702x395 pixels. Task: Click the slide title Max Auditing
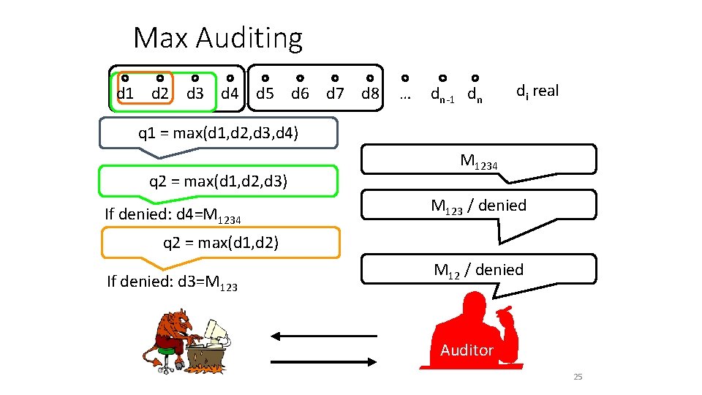point(217,38)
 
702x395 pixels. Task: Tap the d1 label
point(125,94)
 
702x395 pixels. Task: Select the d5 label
point(265,94)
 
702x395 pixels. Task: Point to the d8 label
point(370,94)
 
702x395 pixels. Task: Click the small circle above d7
point(335,78)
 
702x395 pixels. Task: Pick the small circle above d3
point(195,78)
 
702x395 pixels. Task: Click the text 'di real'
point(537,91)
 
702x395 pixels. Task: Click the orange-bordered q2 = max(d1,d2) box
point(220,242)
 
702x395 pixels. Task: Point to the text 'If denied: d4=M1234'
point(173,216)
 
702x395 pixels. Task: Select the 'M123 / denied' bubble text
point(478,206)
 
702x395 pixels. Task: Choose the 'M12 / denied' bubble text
point(478,270)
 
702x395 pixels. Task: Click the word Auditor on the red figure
point(467,350)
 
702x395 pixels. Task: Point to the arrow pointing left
point(322,336)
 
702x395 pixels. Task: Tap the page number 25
point(578,377)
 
